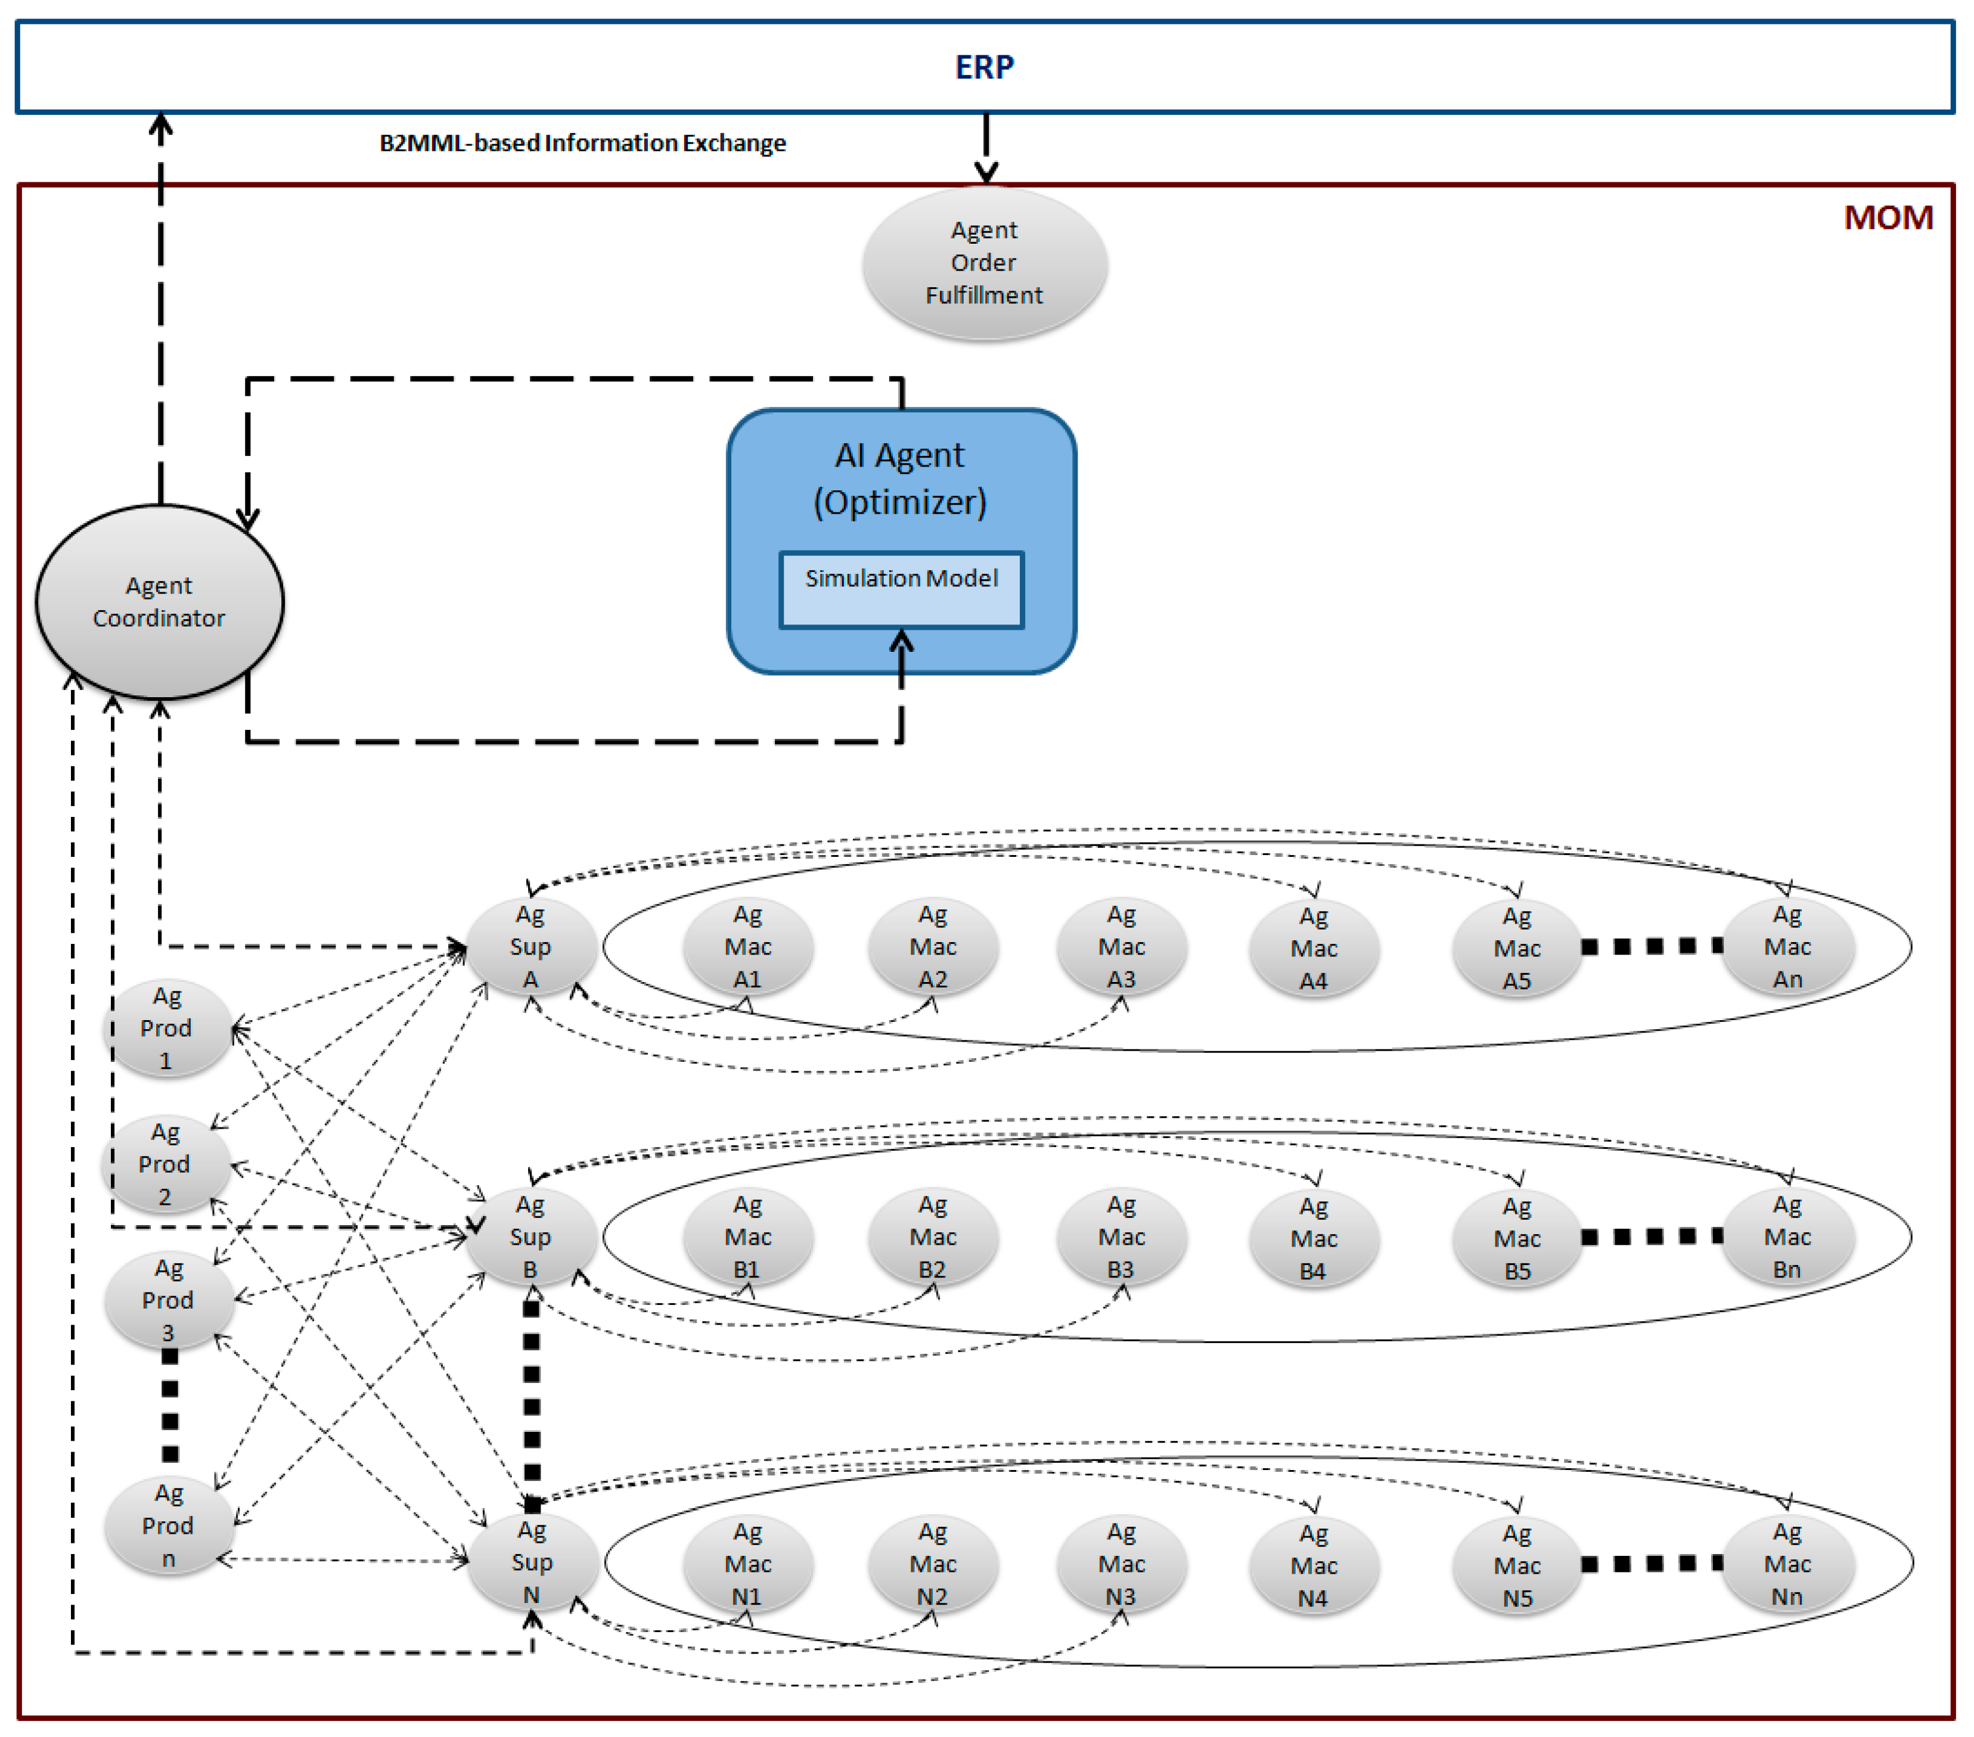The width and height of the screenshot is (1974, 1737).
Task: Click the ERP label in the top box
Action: tap(984, 67)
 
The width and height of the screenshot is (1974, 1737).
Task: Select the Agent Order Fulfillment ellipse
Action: tap(984, 263)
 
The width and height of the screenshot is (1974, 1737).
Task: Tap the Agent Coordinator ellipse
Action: tap(159, 601)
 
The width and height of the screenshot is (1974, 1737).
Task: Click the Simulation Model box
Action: tap(901, 589)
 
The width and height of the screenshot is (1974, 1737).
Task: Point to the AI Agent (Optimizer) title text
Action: tap(899, 478)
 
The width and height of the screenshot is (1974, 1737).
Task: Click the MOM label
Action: tap(1888, 217)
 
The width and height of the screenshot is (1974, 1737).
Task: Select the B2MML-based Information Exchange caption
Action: tap(582, 143)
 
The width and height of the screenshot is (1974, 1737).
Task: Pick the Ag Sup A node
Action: tap(530, 946)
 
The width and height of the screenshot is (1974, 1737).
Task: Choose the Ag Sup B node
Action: tap(530, 1237)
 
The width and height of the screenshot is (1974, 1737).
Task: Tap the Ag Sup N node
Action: tap(531, 1562)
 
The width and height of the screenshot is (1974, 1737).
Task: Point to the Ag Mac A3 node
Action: tap(1121, 946)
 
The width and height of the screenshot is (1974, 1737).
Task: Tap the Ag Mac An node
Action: tap(1787, 946)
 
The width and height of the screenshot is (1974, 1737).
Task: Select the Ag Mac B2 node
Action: tap(933, 1237)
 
